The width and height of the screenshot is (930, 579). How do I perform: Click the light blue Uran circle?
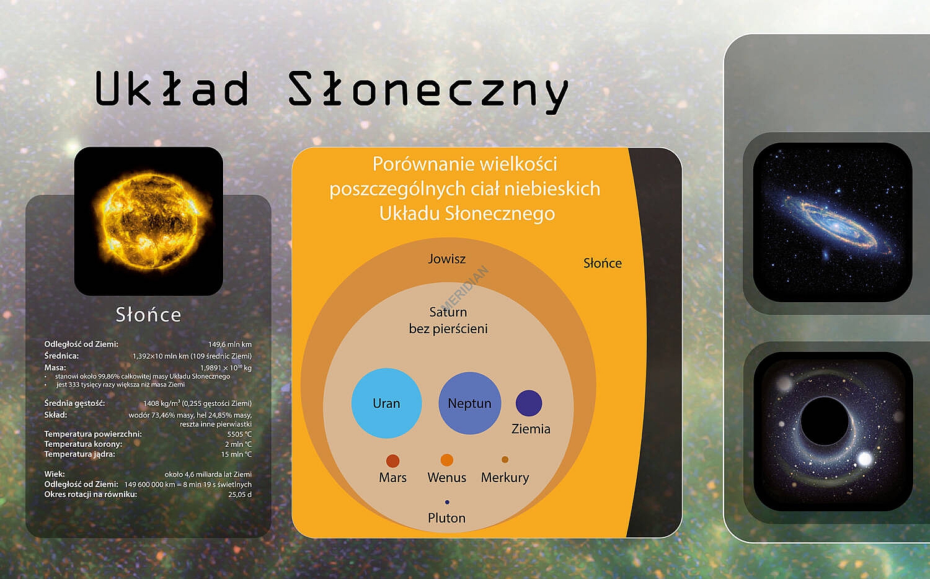tap(386, 403)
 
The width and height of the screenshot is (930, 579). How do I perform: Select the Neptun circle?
tap(470, 403)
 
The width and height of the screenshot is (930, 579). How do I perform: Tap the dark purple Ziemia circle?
tap(529, 403)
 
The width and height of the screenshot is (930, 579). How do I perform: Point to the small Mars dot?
tap(392, 461)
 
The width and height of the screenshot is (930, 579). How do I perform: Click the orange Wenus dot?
tap(447, 460)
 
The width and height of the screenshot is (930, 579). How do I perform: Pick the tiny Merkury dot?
tap(505, 459)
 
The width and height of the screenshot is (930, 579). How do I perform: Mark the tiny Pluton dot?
tap(447, 502)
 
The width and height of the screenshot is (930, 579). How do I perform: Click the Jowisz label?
tap(447, 259)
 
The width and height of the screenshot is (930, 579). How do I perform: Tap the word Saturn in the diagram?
tap(448, 312)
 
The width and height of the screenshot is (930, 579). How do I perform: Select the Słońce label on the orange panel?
tap(603, 263)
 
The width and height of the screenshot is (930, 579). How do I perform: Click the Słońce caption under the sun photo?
tap(148, 315)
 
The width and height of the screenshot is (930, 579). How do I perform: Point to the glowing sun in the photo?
tap(149, 220)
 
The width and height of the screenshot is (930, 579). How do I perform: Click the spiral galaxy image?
tap(833, 222)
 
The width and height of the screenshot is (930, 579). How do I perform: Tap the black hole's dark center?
tap(824, 421)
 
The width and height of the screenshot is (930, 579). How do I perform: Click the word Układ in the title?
tap(172, 88)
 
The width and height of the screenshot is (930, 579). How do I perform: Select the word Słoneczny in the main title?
tap(428, 91)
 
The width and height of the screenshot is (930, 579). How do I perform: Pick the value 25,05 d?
tap(240, 495)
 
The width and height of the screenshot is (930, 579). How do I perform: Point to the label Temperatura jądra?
tap(80, 454)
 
